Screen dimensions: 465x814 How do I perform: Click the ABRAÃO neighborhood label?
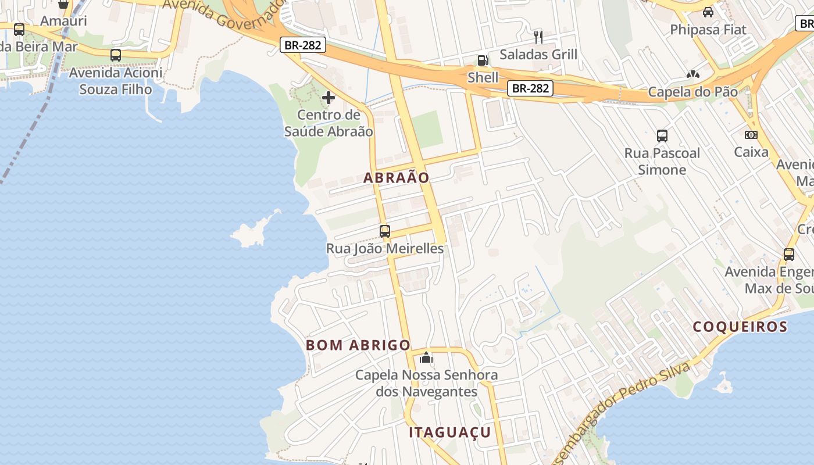[x=397, y=178]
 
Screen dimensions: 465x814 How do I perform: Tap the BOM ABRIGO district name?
[x=358, y=345]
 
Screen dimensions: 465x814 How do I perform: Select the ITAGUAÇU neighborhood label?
[x=449, y=432]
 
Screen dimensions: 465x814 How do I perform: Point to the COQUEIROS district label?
[x=740, y=327]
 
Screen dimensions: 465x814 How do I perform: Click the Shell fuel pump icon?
[x=483, y=60]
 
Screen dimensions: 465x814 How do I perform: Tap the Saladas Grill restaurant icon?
[x=538, y=37]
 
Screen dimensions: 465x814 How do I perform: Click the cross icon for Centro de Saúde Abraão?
[x=329, y=98]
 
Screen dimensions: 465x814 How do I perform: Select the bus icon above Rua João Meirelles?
[x=384, y=231]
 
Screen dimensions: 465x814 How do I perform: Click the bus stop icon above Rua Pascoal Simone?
[x=662, y=136]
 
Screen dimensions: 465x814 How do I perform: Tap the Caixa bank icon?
[x=751, y=135]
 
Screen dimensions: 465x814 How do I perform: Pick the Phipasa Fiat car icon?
[x=708, y=12]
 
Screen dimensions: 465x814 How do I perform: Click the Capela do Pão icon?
[x=692, y=74]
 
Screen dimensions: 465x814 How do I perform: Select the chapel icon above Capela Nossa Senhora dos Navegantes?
[x=426, y=357]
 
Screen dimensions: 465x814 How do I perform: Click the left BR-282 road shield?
[x=302, y=45]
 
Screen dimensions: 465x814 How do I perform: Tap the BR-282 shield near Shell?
[x=530, y=88]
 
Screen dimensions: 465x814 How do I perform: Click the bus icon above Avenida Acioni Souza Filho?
[x=116, y=55]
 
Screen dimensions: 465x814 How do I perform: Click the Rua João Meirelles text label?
[x=384, y=249]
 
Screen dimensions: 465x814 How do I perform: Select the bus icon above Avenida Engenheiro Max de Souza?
[x=788, y=255]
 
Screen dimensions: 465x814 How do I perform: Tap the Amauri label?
[x=63, y=21]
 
